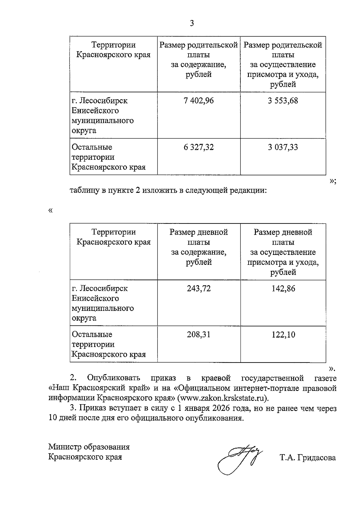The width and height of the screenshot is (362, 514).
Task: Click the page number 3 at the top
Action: click(192, 23)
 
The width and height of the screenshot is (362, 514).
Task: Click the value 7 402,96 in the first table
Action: click(198, 100)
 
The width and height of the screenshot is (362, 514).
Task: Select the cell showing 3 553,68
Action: click(283, 100)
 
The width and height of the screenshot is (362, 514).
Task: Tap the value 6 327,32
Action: click(198, 147)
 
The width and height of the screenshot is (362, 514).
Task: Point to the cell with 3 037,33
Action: click(283, 147)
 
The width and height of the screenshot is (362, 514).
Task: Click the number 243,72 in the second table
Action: click(198, 288)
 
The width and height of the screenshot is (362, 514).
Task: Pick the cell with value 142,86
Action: click(283, 288)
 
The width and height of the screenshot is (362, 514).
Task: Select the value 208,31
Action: click(198, 335)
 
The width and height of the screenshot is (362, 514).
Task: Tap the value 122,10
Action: click(283, 335)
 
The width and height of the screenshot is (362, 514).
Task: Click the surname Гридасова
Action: click(316, 458)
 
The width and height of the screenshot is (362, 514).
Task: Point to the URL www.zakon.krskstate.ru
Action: click(223, 398)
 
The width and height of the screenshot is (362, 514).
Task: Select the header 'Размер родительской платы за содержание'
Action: click(198, 60)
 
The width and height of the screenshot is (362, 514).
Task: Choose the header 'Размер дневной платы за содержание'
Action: click(198, 247)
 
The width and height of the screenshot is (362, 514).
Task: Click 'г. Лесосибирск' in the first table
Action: click(100, 100)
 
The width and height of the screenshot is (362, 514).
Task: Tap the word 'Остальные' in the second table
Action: click(92, 335)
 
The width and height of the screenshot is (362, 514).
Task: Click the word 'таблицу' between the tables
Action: click(83, 191)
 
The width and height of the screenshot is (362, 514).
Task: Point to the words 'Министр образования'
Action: click(89, 447)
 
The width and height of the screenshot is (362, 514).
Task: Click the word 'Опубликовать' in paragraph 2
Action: click(113, 378)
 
